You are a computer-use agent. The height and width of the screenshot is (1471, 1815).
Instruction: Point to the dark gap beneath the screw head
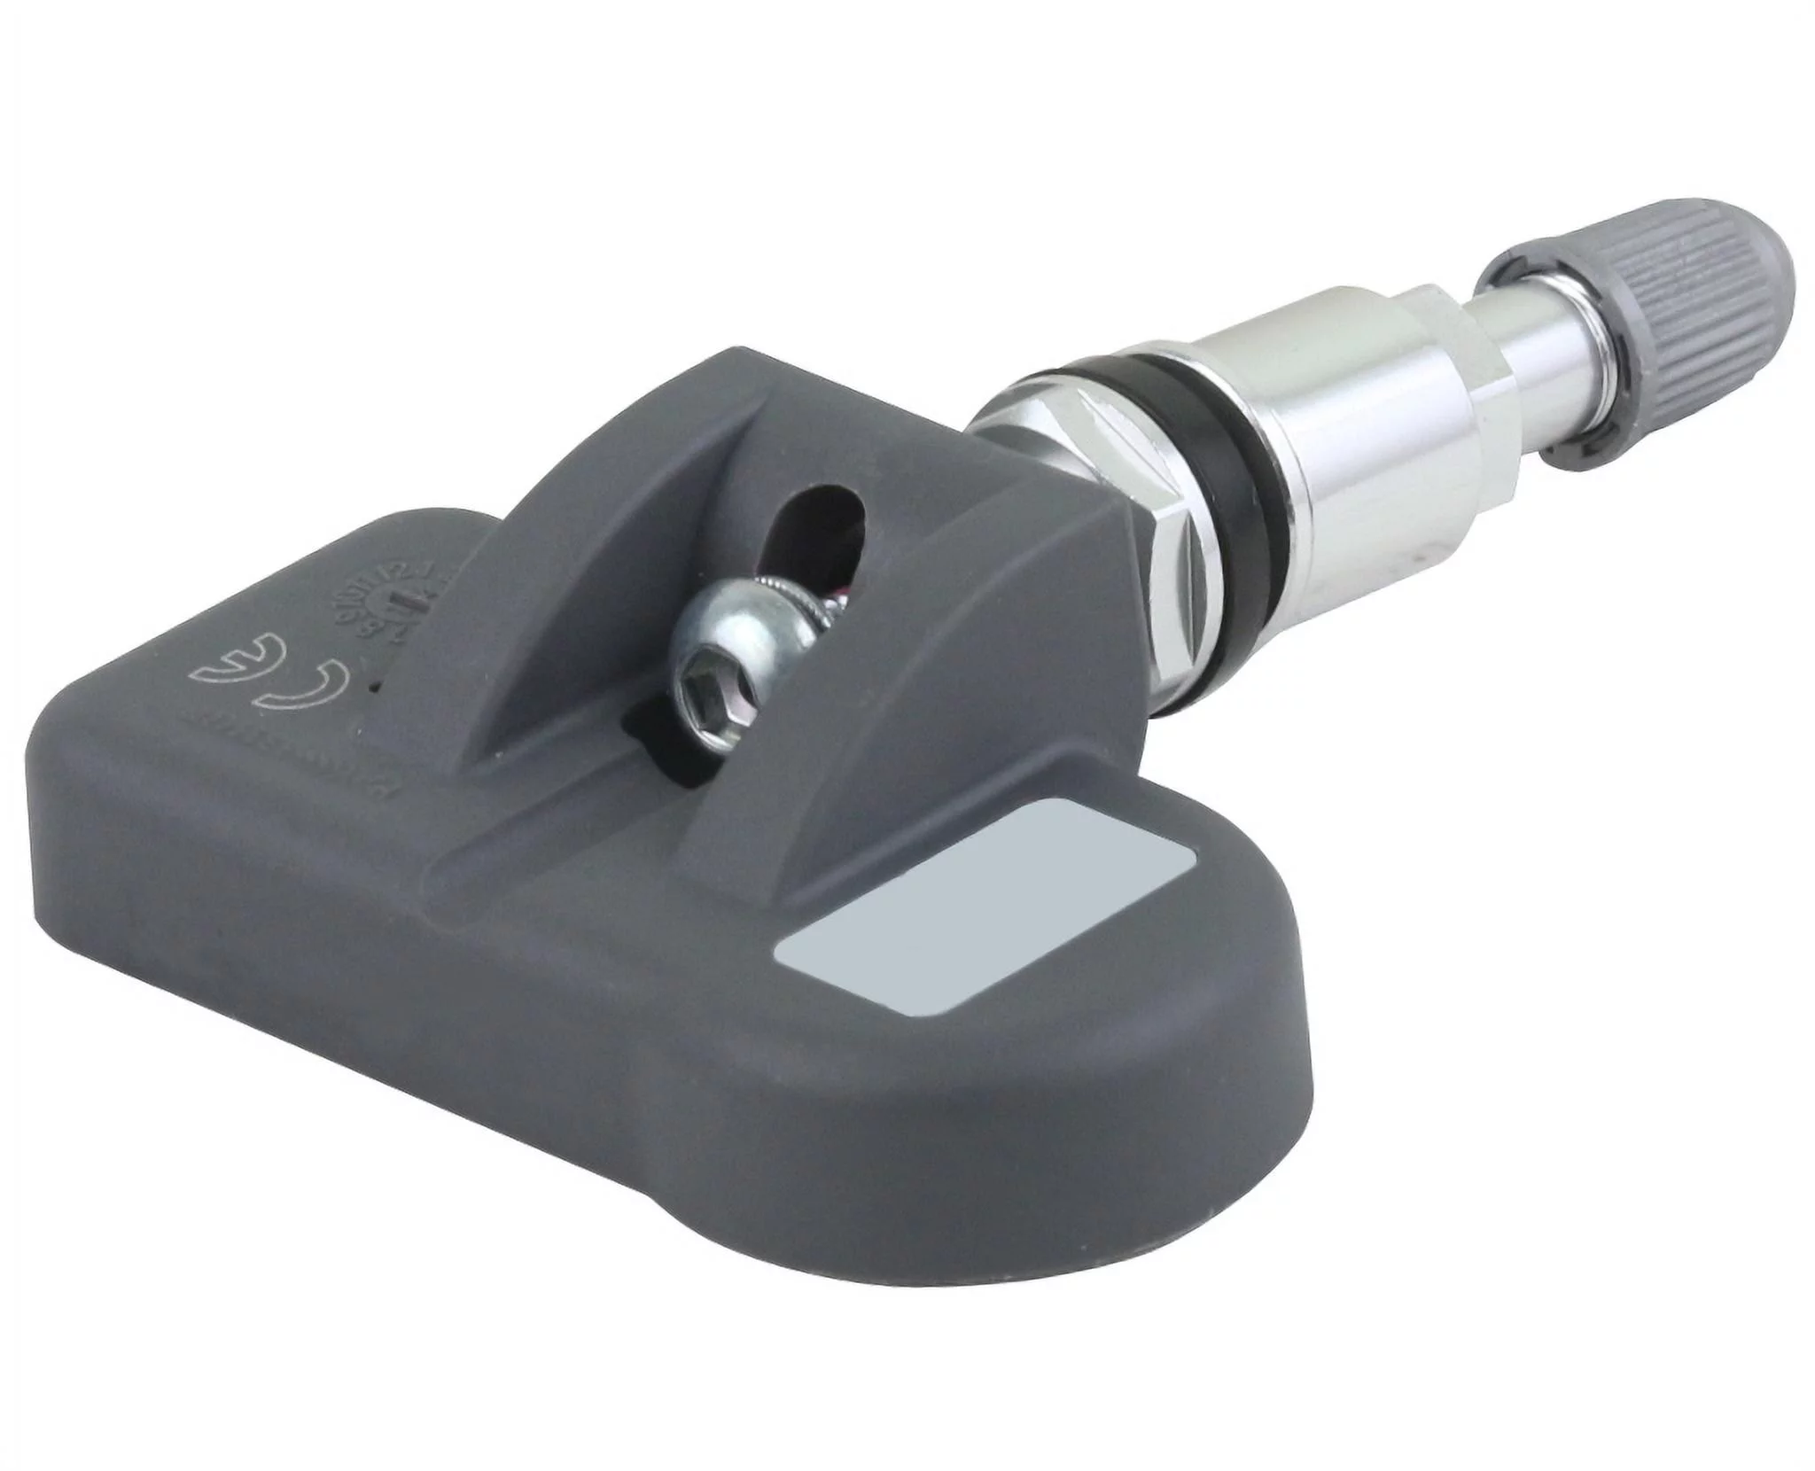point(656,735)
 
